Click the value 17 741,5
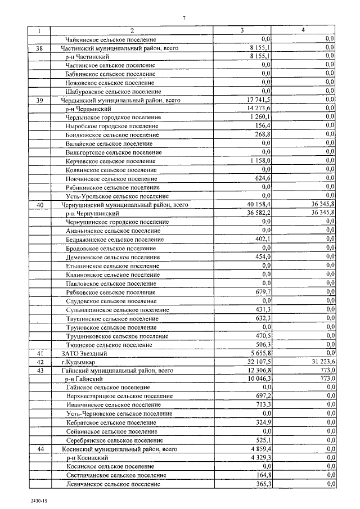click(x=259, y=100)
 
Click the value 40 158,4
click(x=259, y=205)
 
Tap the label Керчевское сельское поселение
click(x=111, y=161)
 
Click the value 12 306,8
click(x=259, y=371)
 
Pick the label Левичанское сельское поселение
click(x=112, y=484)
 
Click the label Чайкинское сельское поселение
click(x=110, y=39)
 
